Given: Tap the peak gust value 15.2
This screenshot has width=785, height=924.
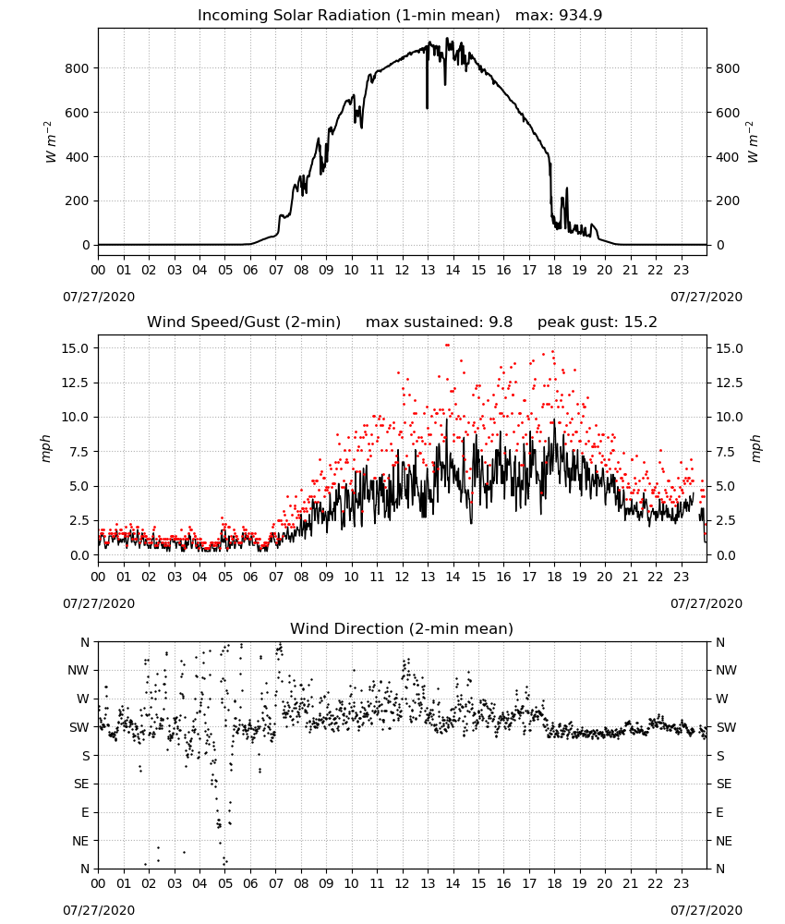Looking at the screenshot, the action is [x=639, y=322].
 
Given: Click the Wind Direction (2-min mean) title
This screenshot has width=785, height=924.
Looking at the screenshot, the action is [x=402, y=628].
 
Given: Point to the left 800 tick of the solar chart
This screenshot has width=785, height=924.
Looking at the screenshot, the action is [x=77, y=68].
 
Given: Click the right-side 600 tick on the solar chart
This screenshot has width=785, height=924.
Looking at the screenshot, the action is [x=728, y=113].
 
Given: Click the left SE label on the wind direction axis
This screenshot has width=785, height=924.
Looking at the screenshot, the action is [x=81, y=784].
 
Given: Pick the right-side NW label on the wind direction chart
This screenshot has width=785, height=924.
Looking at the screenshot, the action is [x=726, y=670].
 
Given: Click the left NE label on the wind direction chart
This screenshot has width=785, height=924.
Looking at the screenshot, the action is [x=80, y=841].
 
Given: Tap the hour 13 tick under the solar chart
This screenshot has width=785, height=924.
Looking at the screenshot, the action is [x=428, y=270].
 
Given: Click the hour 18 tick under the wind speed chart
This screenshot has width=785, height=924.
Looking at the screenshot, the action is [x=554, y=577].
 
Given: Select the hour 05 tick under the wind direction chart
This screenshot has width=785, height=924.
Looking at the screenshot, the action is [x=225, y=882].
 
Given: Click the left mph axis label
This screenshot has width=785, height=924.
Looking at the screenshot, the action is [x=46, y=448].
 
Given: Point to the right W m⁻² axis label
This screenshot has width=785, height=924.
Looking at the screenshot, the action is [x=754, y=142].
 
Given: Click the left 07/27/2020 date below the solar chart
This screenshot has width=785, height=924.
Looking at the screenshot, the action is [x=99, y=297].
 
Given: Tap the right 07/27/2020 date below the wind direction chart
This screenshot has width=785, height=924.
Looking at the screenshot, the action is [x=706, y=910].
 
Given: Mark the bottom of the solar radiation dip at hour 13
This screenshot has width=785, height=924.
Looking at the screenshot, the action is [x=427, y=108].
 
